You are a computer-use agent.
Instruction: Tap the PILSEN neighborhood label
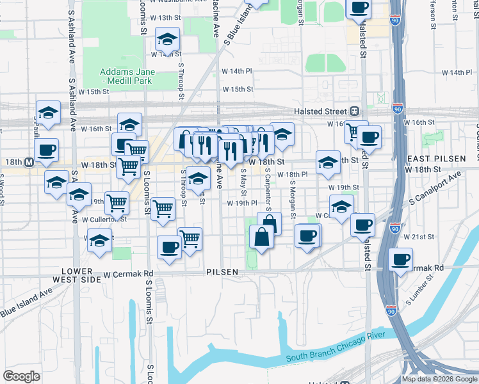click(x=222, y=272)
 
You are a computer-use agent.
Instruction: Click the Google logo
click(x=21, y=376)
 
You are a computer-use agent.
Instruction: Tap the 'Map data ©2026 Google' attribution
click(x=439, y=379)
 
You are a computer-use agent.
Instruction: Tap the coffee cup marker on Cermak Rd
click(x=401, y=259)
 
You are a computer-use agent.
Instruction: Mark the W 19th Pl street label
click(x=243, y=204)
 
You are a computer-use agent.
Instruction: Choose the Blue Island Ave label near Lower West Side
click(x=26, y=303)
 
